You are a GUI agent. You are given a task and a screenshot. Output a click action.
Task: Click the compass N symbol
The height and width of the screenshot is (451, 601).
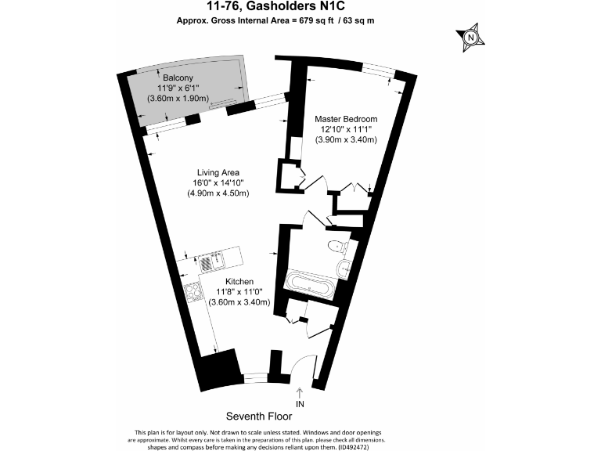click(470, 38)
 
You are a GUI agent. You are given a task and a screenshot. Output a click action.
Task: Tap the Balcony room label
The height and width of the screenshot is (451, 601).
click(178, 78)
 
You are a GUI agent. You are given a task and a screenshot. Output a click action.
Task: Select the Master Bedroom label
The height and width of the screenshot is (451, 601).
click(346, 119)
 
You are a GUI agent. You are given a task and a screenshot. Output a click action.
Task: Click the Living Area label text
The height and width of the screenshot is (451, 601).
click(218, 172)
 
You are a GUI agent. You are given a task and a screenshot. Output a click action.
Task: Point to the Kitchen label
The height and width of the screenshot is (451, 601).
click(239, 282)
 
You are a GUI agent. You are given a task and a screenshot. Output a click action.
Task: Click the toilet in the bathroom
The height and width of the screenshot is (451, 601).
click(337, 246)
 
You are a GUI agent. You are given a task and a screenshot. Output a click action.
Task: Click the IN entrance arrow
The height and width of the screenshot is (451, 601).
click(300, 393)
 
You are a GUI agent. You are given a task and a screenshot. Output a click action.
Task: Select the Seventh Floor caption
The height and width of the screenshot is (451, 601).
click(259, 416)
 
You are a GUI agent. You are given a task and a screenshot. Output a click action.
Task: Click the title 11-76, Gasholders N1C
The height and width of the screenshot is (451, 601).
click(276, 6)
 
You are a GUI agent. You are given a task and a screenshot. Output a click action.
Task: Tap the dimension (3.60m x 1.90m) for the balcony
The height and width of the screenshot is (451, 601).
click(178, 98)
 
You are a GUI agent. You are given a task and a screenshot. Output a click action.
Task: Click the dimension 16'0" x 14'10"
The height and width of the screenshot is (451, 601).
click(218, 183)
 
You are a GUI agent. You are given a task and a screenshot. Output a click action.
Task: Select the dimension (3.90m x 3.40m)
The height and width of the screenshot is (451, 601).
click(346, 139)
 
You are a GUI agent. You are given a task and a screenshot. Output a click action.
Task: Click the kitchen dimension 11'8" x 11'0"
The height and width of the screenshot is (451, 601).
click(239, 292)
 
